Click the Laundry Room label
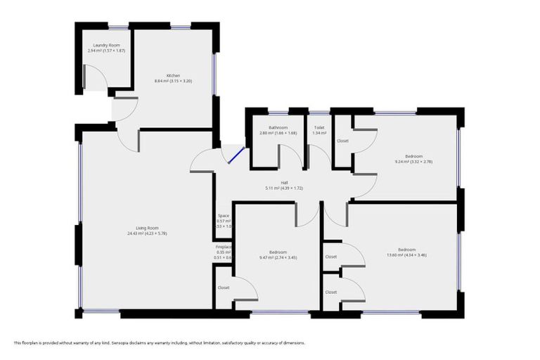click(106, 45)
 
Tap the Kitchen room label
click(173, 75)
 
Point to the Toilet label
click(319, 127)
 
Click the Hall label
click(283, 183)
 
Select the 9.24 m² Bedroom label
click(413, 156)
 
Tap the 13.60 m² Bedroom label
click(406, 250)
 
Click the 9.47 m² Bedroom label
click(278, 252)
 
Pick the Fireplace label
click(224, 247)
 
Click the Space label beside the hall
click(224, 216)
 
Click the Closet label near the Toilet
click(342, 141)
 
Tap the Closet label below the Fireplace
click(224, 288)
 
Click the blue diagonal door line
click(235, 154)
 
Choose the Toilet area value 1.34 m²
click(319, 133)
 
